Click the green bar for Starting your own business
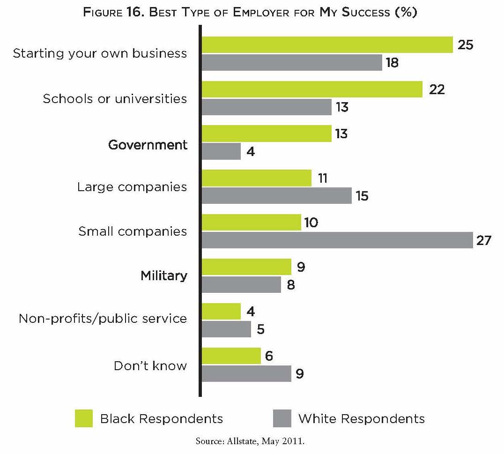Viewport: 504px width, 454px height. pos(327,45)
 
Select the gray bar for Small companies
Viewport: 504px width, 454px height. pos(337,240)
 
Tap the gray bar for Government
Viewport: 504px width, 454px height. pos(221,151)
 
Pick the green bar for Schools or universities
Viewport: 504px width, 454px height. pos(312,89)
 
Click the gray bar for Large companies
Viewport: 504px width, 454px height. pos(277,196)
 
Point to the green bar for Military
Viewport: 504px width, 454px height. pos(246,267)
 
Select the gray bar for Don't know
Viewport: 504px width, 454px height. pos(246,374)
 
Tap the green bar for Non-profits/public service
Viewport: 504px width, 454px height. pos(221,312)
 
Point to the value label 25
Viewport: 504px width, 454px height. pos(465,45)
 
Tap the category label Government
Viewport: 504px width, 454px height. pos(148,145)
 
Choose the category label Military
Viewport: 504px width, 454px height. pos(164,275)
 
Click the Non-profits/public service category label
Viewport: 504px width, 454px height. pos(103,319)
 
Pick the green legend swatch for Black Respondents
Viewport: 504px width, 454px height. pos(84,418)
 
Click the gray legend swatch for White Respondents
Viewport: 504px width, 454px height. pos(282,418)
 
